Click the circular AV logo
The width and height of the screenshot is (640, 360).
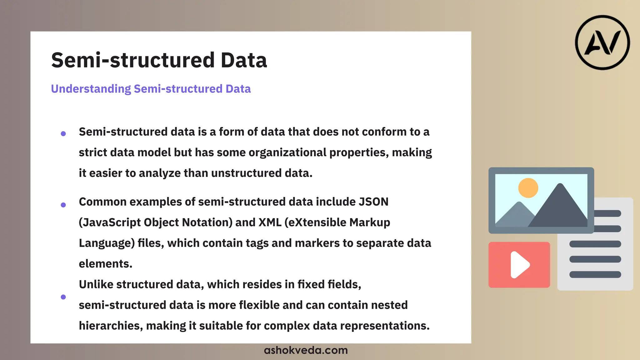pyautogui.click(x=602, y=42)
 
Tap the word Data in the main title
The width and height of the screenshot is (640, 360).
pyautogui.click(x=244, y=60)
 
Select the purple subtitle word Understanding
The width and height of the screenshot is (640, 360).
pyautogui.click(x=91, y=89)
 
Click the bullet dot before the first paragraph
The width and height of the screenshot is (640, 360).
pyautogui.click(x=63, y=134)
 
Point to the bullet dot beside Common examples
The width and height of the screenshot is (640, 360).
pyautogui.click(x=63, y=205)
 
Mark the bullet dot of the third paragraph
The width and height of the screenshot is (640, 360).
pyautogui.click(x=63, y=297)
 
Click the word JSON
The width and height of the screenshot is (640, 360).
pyautogui.click(x=373, y=202)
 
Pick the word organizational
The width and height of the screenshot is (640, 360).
pyautogui.click(x=287, y=152)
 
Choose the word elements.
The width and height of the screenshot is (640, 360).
pyautogui.click(x=105, y=264)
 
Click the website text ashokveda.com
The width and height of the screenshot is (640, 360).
pyautogui.click(x=306, y=350)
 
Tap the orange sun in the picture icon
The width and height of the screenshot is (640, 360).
pyautogui.click(x=528, y=188)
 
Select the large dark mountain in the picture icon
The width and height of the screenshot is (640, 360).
pyautogui.click(x=559, y=209)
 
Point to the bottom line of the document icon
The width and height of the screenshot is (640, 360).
pyautogui.click(x=595, y=275)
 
